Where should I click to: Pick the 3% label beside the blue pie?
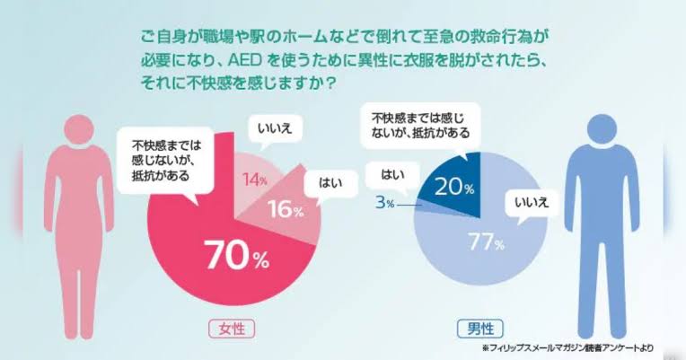click(384, 204)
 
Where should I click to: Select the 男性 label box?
click(479, 327)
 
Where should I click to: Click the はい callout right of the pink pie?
click(326, 185)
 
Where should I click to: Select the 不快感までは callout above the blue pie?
click(421, 124)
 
